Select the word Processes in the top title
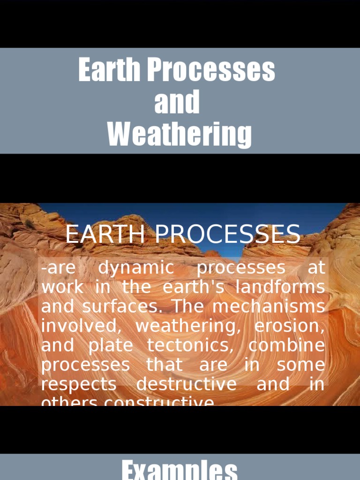point(211,70)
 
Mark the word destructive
point(187,384)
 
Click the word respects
point(79,384)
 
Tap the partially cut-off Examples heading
point(180,470)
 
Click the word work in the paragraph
point(62,287)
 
